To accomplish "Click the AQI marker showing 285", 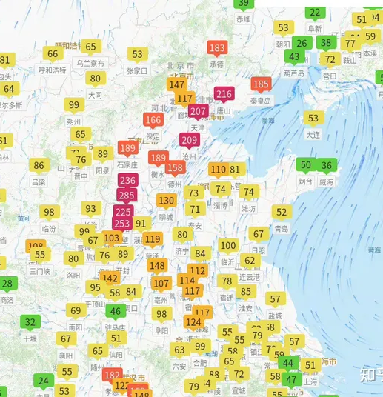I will coord(127,196).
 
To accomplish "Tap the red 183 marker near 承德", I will coord(216,48).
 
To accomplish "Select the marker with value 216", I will coord(224,94).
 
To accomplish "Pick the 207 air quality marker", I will coord(198,111).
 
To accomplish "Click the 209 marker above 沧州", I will coord(190,140).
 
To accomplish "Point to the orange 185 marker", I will coord(261,84).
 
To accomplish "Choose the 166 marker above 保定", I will coord(153,120).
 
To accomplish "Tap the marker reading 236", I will coord(127,181).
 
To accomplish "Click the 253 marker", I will coord(122,223).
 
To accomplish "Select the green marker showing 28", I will coord(8,283).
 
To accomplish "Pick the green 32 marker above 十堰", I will coord(30,321).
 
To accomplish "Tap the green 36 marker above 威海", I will coord(326,165).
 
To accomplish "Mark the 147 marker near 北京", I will coord(177,84).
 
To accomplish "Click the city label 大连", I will coord(313,134).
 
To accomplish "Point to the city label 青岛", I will coord(282,229).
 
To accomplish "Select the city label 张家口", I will coord(137,70).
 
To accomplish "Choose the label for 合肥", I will coord(199,362).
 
